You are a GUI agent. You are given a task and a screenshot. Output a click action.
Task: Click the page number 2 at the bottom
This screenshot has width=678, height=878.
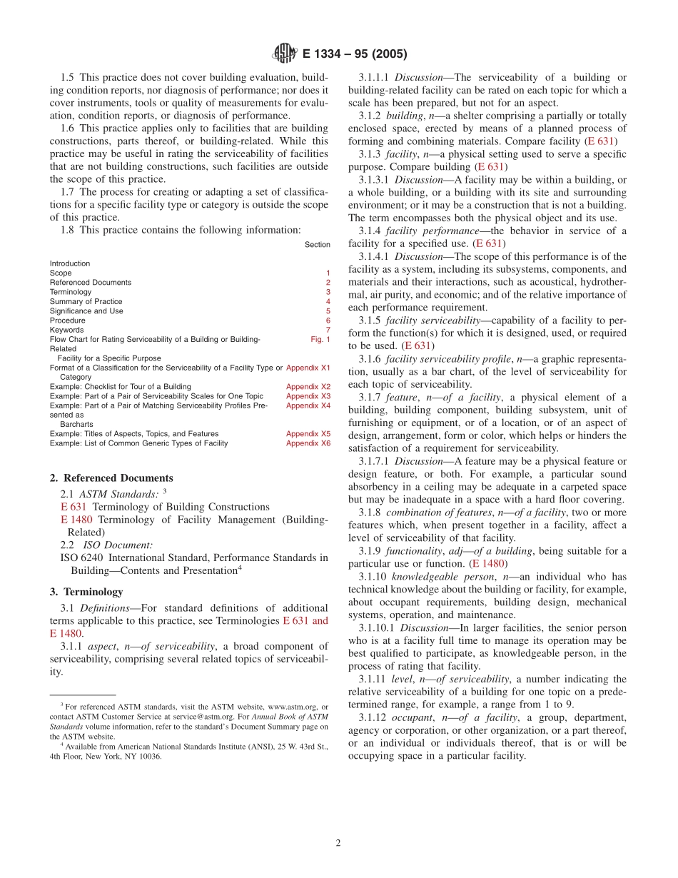click(338, 842)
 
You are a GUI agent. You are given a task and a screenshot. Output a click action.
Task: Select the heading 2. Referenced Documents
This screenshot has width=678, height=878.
click(111, 478)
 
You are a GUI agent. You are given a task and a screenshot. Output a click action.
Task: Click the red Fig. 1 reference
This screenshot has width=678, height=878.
click(320, 339)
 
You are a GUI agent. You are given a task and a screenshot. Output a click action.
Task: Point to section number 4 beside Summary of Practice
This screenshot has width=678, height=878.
click(328, 301)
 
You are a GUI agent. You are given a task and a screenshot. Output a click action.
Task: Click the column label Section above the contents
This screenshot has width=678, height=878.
click(317, 244)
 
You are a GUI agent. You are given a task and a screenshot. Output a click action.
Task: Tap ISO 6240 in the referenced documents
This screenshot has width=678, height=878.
click(82, 557)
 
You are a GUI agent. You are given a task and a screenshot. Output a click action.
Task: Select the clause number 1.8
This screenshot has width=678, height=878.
click(68, 230)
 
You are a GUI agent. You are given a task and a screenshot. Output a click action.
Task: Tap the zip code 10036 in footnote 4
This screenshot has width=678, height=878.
click(150, 756)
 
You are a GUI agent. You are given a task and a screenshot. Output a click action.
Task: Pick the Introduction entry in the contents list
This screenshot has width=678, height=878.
click(70, 263)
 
